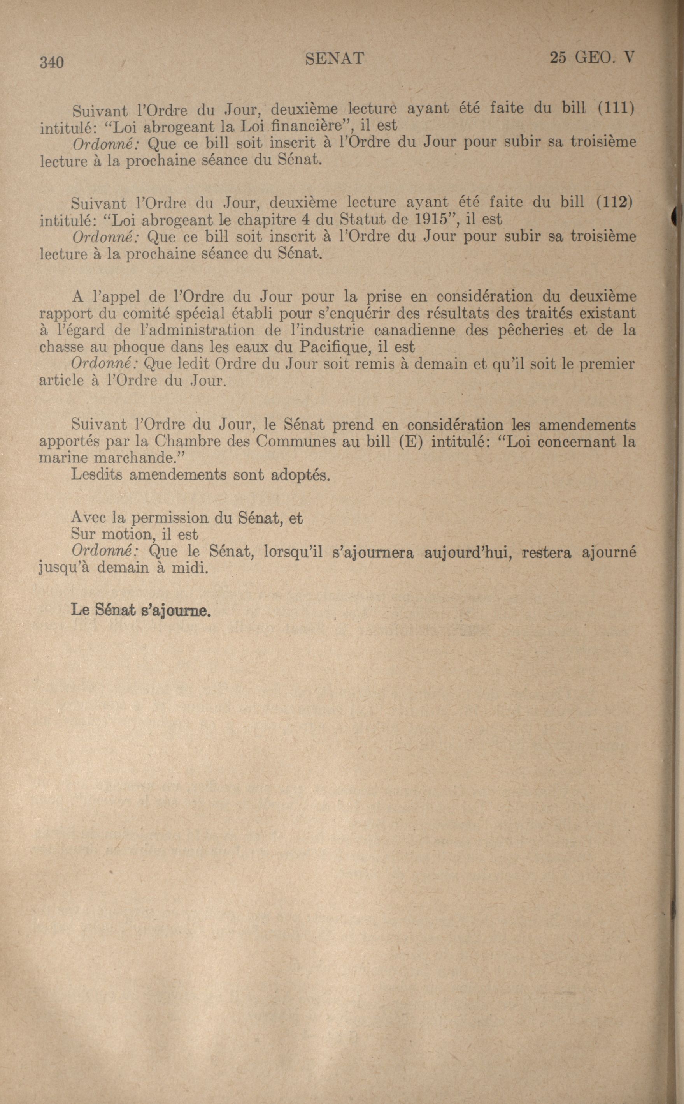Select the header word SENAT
[334, 58]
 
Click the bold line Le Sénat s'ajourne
[141, 610]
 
